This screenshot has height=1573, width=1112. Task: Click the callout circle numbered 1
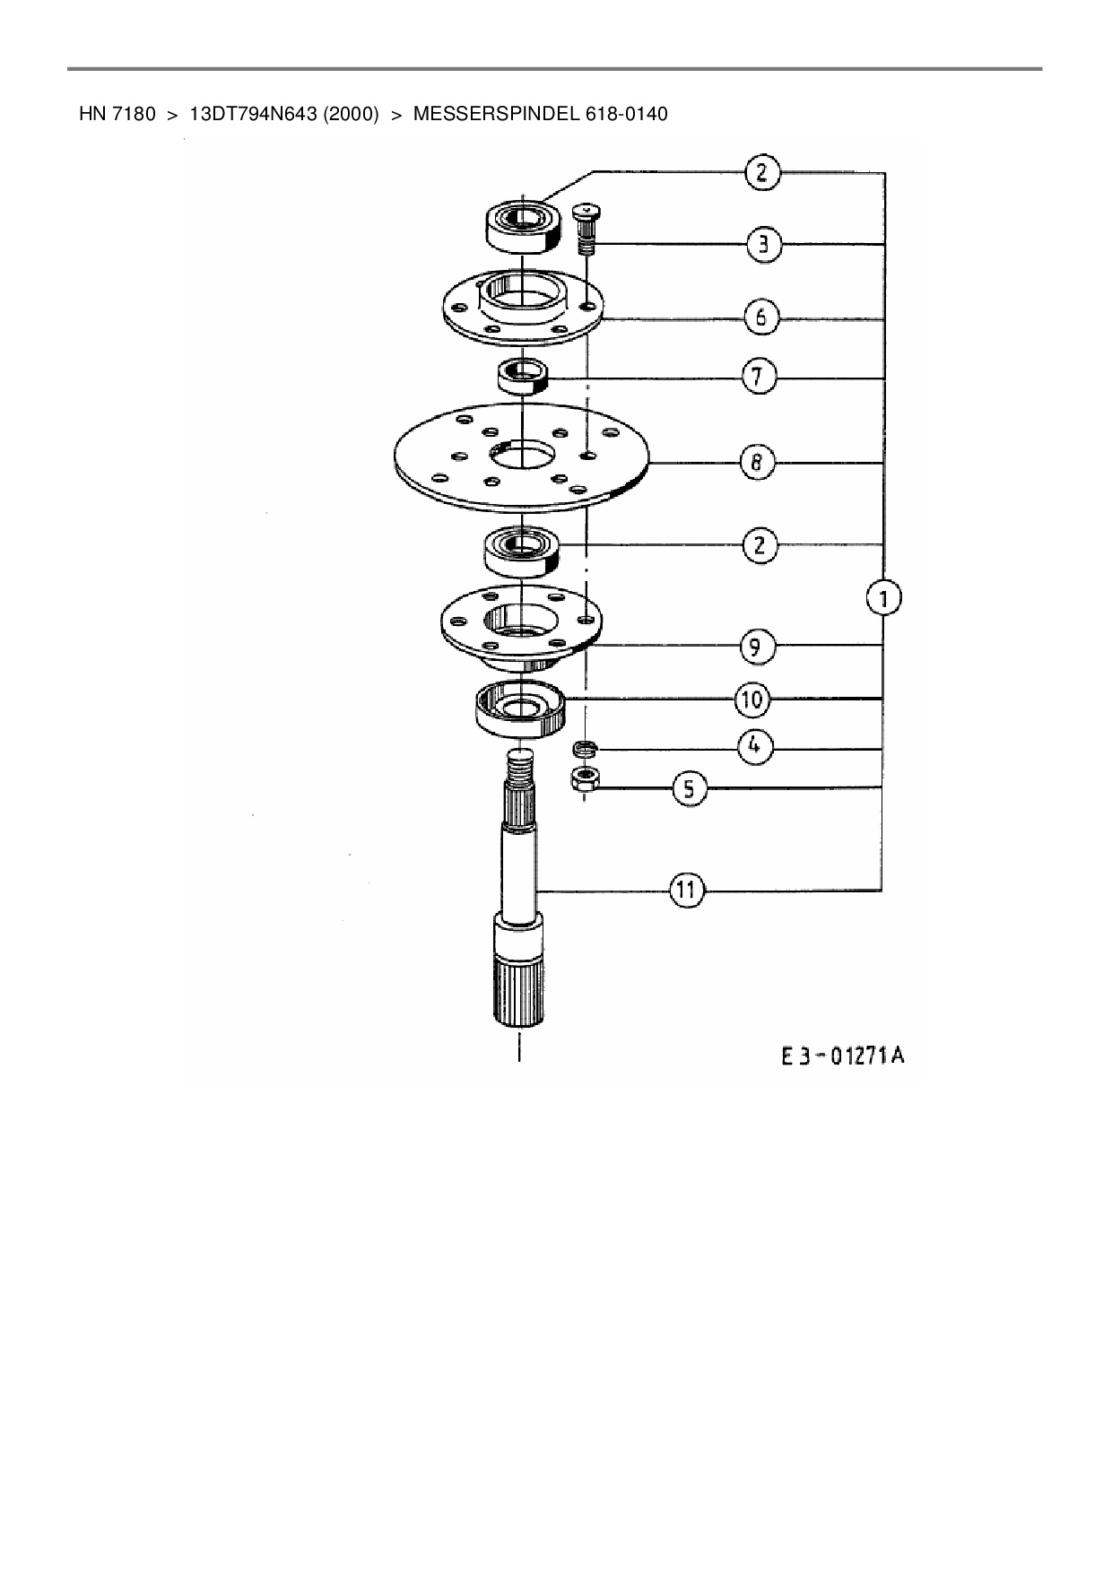[x=884, y=598]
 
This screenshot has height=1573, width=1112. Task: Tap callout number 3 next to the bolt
[x=764, y=245]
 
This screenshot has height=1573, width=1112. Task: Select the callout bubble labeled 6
[x=760, y=317]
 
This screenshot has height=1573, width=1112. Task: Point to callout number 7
[x=759, y=377]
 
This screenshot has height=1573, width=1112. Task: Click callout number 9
[x=757, y=646]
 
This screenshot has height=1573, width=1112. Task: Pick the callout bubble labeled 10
[x=752, y=699]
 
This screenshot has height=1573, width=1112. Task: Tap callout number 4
[x=756, y=746]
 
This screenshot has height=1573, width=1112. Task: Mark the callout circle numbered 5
[x=689, y=788]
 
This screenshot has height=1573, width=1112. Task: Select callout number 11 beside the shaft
[x=686, y=890]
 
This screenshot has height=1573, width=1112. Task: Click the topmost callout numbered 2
[x=762, y=172]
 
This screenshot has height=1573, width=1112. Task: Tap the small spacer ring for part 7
[x=521, y=374]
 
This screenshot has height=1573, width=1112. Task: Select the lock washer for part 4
[x=585, y=747]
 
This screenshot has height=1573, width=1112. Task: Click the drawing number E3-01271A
[x=841, y=1056]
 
